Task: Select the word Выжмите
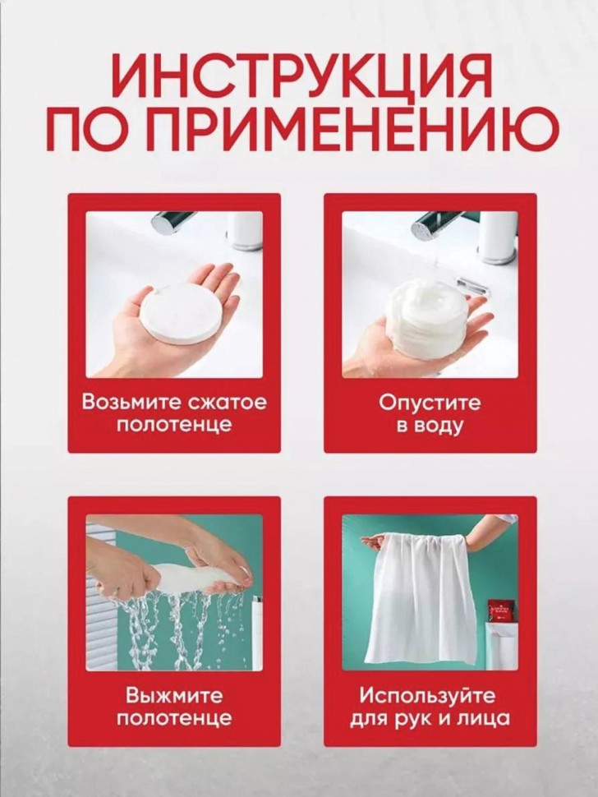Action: click(174, 695)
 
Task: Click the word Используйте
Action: click(427, 696)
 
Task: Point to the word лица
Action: click(485, 719)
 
